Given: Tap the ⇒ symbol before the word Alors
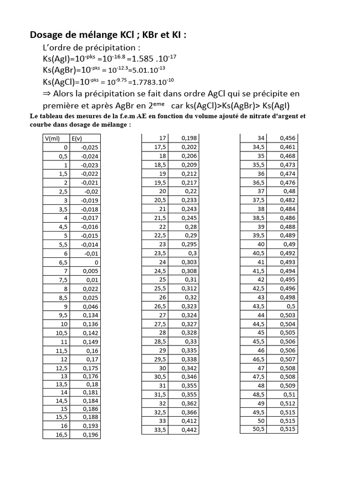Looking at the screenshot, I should click(47, 94).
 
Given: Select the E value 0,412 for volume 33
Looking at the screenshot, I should click(189, 421).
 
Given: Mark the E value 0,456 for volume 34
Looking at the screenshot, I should click(287, 138).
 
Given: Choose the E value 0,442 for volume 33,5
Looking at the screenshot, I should click(189, 430).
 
